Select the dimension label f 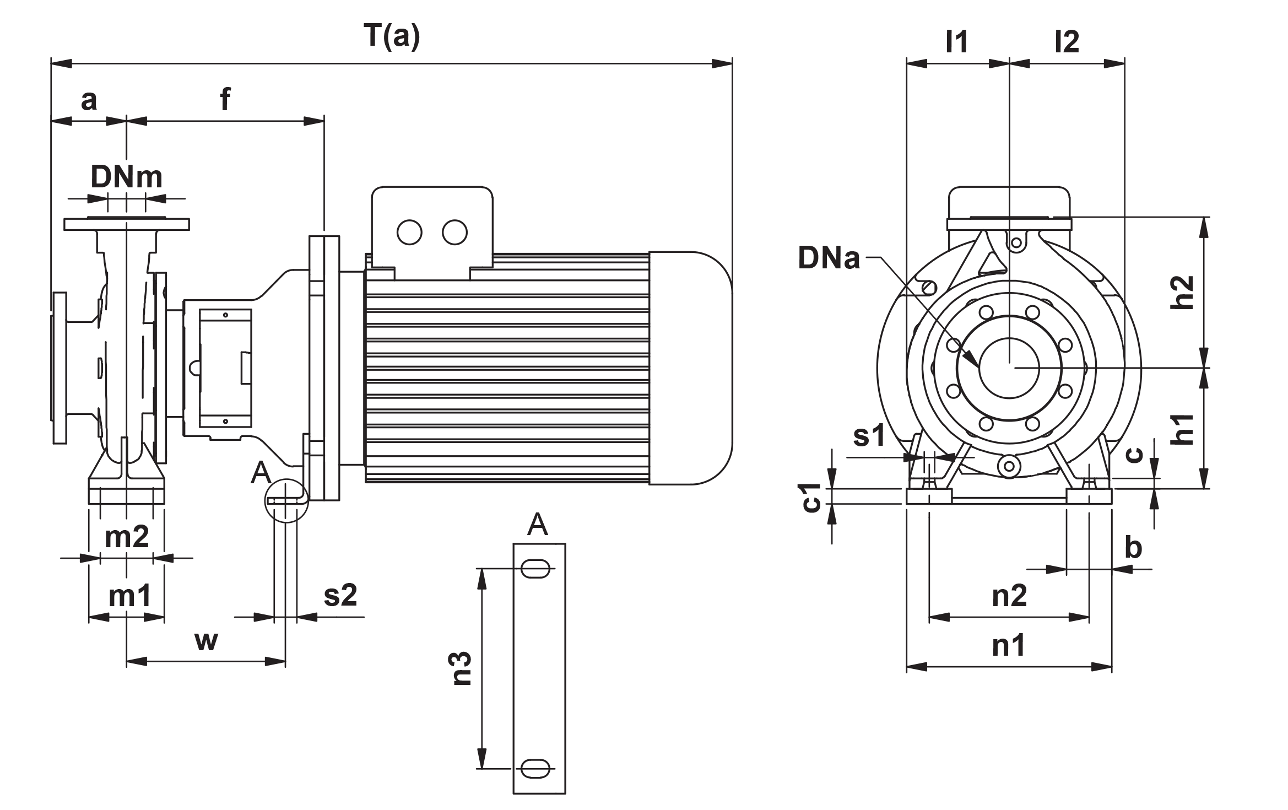click(225, 101)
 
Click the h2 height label click(1183, 292)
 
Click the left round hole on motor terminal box click(409, 233)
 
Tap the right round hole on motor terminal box click(454, 233)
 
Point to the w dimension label click(206, 641)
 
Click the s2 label click(340, 596)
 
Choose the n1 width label click(1009, 646)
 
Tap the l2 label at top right click(1067, 42)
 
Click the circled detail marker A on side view click(285, 499)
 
